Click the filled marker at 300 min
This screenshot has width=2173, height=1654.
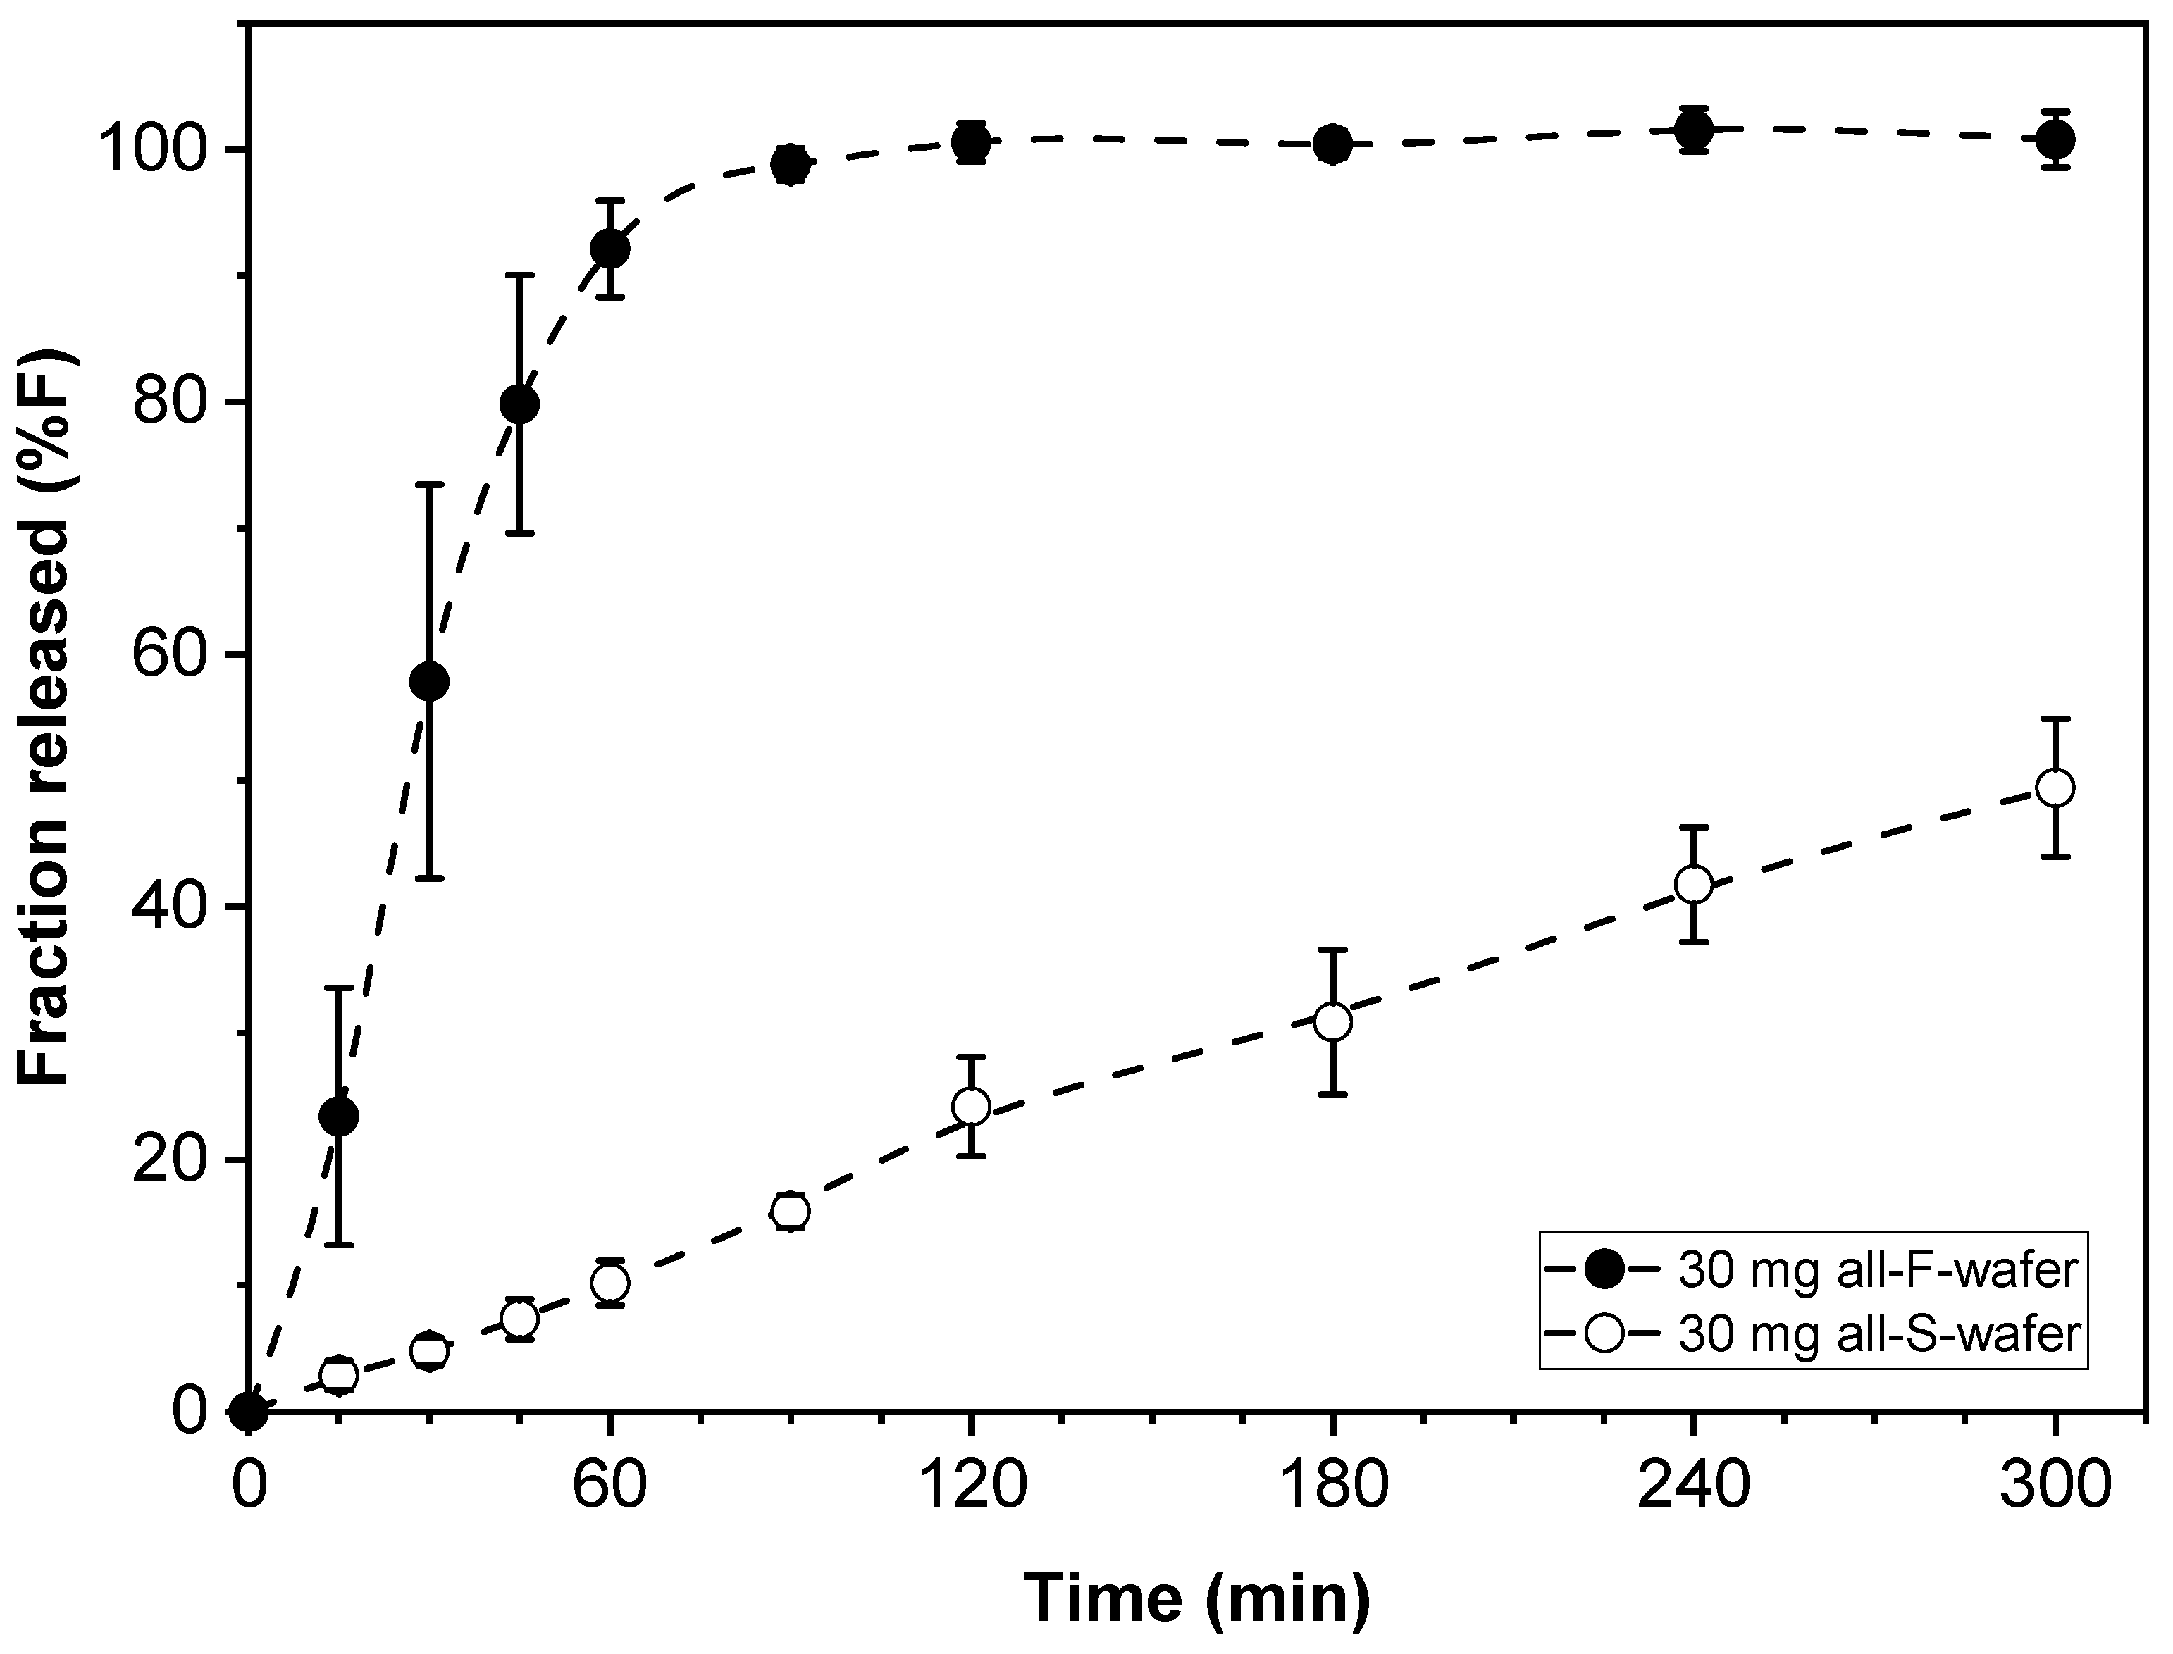[x=2055, y=139]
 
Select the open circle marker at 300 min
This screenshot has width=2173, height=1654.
[x=2055, y=788]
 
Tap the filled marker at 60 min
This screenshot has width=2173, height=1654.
[x=609, y=249]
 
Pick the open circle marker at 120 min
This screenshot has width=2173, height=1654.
[x=971, y=1107]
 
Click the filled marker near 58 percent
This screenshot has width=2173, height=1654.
[x=429, y=681]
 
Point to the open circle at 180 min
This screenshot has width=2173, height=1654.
[x=1332, y=1022]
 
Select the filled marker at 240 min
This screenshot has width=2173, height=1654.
[x=1693, y=129]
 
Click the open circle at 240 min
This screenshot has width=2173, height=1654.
[x=1693, y=884]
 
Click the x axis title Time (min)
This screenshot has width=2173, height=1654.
[x=1196, y=1596]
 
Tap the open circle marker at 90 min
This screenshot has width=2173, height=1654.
[x=790, y=1211]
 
